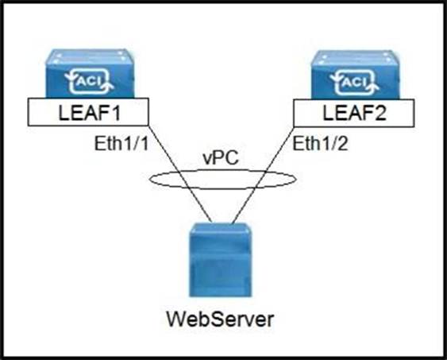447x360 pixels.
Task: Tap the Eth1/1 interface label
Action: point(121,143)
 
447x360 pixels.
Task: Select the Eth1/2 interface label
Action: point(321,143)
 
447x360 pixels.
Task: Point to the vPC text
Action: point(221,158)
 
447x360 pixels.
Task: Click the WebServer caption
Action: point(220,319)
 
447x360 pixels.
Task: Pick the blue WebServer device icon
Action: point(221,260)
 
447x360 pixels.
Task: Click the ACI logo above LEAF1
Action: point(89,82)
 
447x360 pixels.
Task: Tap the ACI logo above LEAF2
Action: point(354,83)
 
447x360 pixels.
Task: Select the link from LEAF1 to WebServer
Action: point(180,174)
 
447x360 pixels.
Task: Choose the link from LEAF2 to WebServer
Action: point(263,175)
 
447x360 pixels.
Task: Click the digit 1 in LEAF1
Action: point(115,113)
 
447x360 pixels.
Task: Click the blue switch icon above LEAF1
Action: point(90,74)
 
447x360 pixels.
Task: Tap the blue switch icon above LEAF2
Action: point(355,75)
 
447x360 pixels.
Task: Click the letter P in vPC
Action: point(221,158)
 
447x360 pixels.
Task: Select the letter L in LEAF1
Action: point(64,113)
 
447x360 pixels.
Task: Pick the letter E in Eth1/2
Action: point(299,143)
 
